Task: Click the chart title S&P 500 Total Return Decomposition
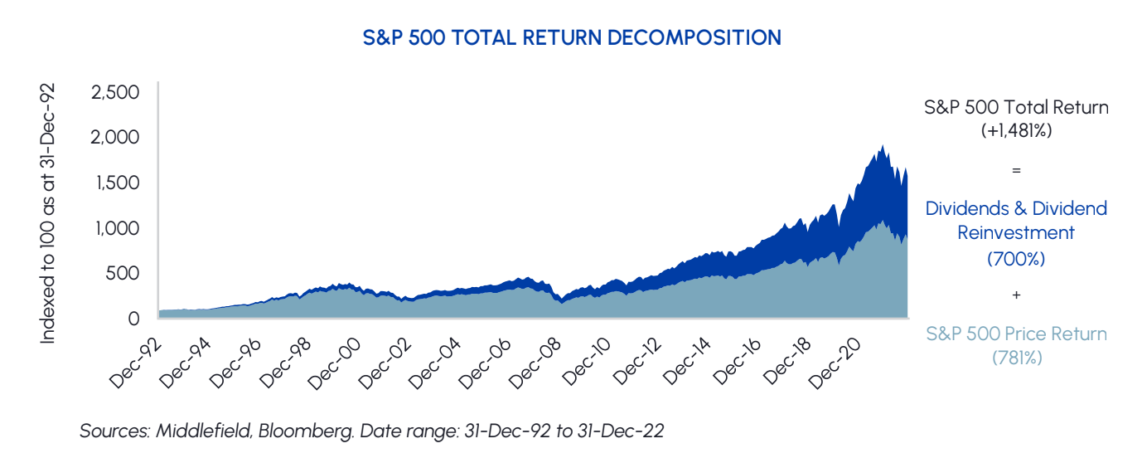572,38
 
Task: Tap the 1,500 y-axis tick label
116,182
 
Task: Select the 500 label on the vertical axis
123,272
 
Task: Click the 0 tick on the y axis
133,318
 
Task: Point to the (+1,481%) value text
1015,129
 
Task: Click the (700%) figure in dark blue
1015,259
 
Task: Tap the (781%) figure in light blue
1016,358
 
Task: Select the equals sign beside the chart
1016,170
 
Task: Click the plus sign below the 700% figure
1016,295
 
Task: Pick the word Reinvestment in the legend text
1015,233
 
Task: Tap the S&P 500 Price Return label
1016,334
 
